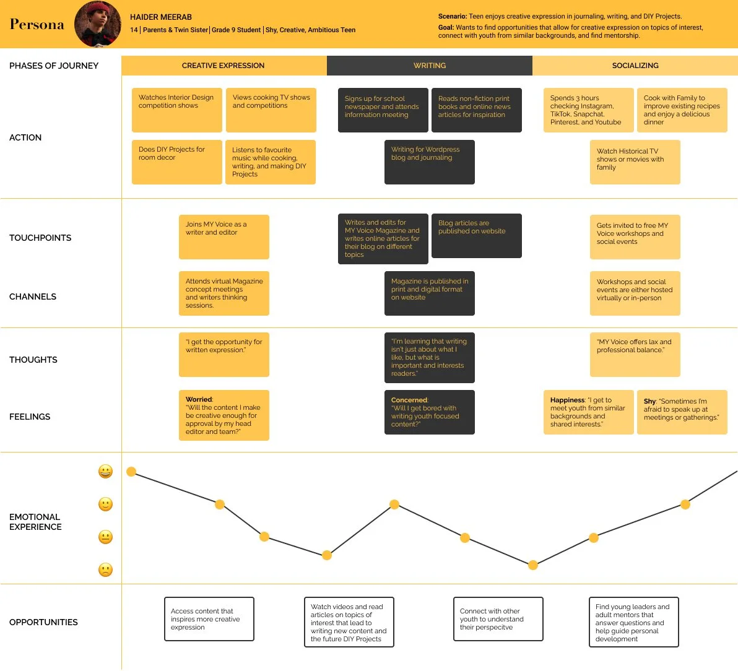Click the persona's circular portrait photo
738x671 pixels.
98,24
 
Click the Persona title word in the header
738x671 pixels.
37,25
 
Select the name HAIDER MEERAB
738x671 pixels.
161,17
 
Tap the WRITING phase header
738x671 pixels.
430,66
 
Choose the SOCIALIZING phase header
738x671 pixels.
635,66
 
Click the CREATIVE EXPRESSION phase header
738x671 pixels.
224,66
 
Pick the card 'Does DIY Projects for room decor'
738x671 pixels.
176,162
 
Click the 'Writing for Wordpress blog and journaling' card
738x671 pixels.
429,162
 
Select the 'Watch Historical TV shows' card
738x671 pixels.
635,162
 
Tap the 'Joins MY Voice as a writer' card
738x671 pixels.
224,236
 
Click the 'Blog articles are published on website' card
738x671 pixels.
476,235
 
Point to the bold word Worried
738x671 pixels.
199,399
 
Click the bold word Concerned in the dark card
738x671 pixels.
409,400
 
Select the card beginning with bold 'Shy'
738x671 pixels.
682,412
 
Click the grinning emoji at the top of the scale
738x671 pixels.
106,472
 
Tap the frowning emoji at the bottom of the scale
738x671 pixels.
106,569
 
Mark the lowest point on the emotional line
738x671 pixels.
532,565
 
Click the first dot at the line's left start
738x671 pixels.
131,472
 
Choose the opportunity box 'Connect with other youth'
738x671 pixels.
498,619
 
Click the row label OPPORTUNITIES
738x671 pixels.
43,622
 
